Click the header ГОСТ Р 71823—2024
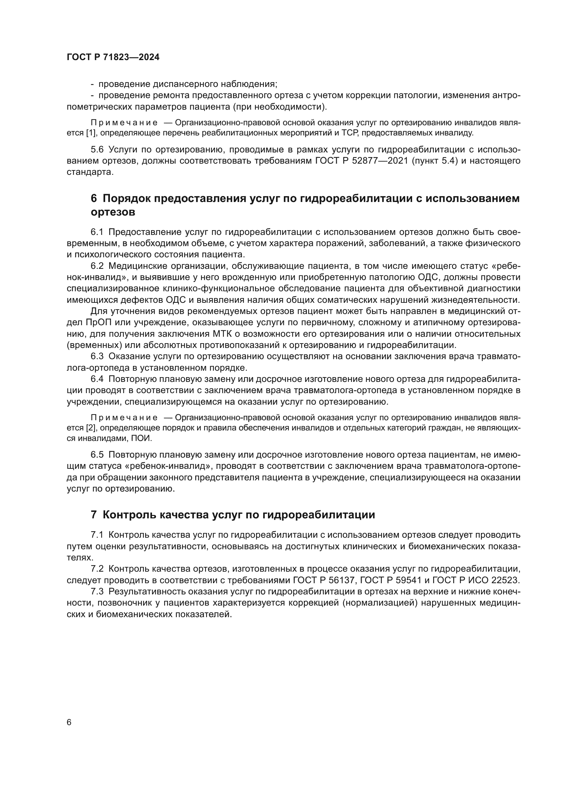pyautogui.click(x=113, y=57)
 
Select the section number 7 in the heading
pyautogui.click(x=94, y=515)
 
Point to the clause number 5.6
pyautogui.click(x=97, y=149)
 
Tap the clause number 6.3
pyautogui.click(x=97, y=356)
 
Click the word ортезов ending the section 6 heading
pyautogui.click(x=113, y=212)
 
